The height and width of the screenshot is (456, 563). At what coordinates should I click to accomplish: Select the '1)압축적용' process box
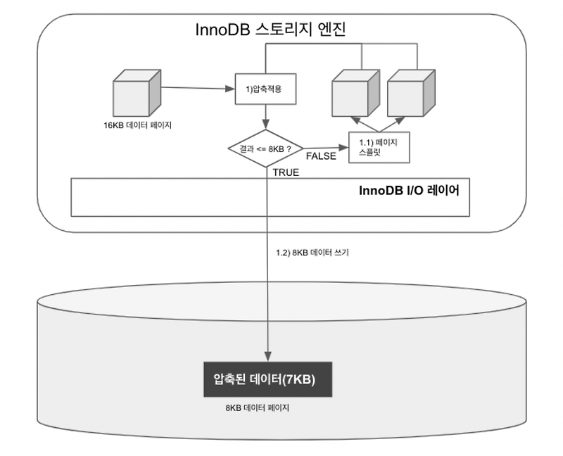tap(263, 89)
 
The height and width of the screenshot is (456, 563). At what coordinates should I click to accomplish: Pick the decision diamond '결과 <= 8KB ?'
tap(265, 148)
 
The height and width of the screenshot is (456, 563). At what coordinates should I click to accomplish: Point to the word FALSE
tap(321, 156)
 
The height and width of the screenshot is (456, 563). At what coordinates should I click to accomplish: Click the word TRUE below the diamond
tap(286, 172)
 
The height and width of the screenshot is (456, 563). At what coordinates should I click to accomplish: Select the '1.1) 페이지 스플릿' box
tap(379, 146)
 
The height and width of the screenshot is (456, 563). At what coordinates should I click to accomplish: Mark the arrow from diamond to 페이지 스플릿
tap(327, 148)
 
